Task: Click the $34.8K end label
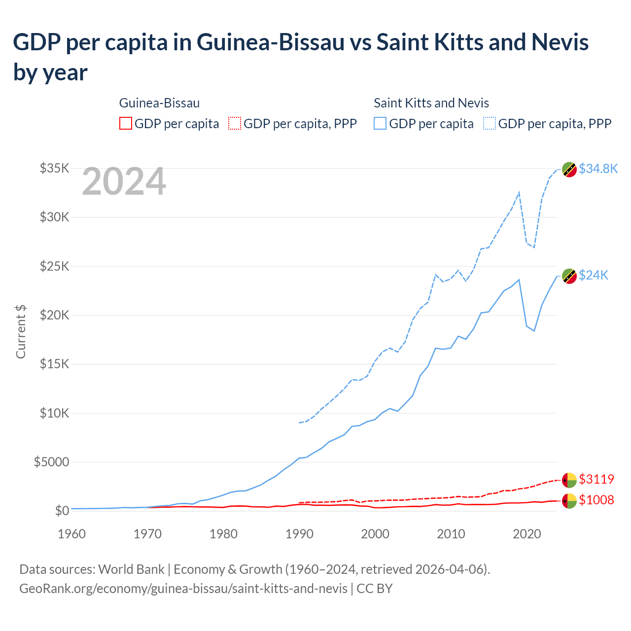[x=598, y=169]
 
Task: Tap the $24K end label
[x=594, y=275]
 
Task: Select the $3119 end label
[x=596, y=479]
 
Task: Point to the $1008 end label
[x=596, y=500]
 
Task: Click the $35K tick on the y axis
[x=54, y=169]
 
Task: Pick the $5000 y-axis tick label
[x=51, y=462]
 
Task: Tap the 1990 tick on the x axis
[x=299, y=534]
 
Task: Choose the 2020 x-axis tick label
[x=527, y=534]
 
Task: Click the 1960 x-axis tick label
[x=71, y=534]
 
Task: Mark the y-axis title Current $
[x=21, y=331]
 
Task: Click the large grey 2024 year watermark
[x=124, y=182]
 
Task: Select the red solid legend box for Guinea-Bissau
[x=126, y=123]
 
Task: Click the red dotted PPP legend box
[x=235, y=123]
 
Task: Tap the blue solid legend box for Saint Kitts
[x=380, y=123]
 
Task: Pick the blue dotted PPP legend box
[x=490, y=123]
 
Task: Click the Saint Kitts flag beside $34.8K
[x=569, y=169]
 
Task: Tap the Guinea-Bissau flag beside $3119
[x=569, y=479]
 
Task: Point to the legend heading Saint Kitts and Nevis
[x=431, y=103]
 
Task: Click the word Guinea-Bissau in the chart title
[x=271, y=42]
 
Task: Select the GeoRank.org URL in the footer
[x=183, y=589]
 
